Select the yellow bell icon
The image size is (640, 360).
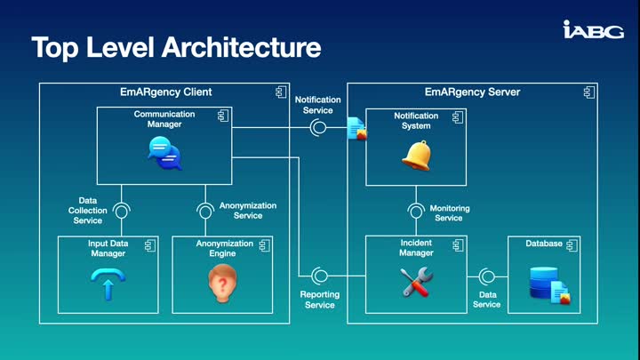pyautogui.click(x=416, y=156)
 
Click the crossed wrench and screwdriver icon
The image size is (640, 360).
pyautogui.click(x=416, y=282)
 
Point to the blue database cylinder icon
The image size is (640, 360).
pyautogui.click(x=545, y=284)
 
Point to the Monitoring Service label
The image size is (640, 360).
pyautogui.click(x=450, y=213)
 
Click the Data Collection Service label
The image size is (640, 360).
pyautogui.click(x=87, y=211)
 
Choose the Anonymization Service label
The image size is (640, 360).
pyautogui.click(x=247, y=211)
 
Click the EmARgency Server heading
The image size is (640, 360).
pyautogui.click(x=472, y=92)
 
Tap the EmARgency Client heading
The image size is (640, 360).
pyautogui.click(x=166, y=92)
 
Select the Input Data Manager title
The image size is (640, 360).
pyautogui.click(x=108, y=248)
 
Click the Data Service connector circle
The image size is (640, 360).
pyautogui.click(x=486, y=275)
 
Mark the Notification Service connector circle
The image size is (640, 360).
pyautogui.click(x=318, y=128)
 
